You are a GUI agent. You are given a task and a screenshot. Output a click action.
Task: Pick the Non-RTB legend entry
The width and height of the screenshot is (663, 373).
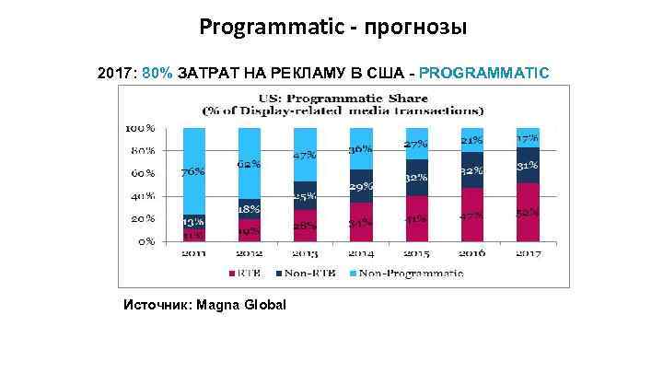pyautogui.click(x=308, y=272)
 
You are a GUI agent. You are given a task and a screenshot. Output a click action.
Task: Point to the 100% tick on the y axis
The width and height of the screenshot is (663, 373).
pyautogui.click(x=140, y=127)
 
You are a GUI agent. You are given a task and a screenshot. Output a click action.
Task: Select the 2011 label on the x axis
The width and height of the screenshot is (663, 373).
pyautogui.click(x=193, y=253)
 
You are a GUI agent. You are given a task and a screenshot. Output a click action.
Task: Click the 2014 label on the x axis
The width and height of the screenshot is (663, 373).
pyautogui.click(x=361, y=253)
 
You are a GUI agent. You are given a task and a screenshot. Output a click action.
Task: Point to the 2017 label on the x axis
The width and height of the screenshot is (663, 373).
pyautogui.click(x=528, y=253)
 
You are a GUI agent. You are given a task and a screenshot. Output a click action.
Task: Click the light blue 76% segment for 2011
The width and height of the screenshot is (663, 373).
pyautogui.click(x=193, y=171)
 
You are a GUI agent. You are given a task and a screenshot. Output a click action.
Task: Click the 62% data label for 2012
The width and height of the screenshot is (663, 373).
pyautogui.click(x=249, y=165)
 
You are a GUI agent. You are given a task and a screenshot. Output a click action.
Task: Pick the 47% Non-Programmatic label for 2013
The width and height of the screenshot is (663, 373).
pyautogui.click(x=304, y=156)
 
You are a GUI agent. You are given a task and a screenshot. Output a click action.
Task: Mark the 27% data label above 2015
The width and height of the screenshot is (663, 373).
pyautogui.click(x=417, y=145)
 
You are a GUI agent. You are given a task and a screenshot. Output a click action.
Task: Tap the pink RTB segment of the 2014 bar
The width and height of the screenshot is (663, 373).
pyautogui.click(x=361, y=222)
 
